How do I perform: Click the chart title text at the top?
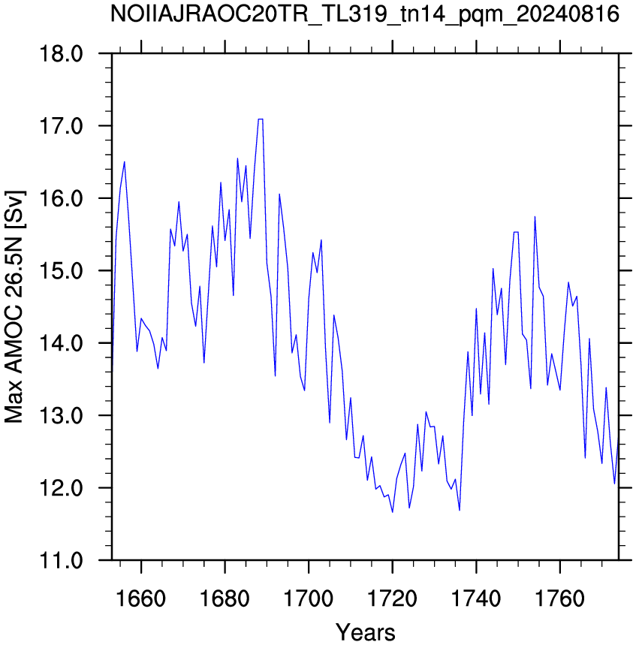tap(364, 15)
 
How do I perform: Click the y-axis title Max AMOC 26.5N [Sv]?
tap(14, 306)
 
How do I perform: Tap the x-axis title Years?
tap(365, 631)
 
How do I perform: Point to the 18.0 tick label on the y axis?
tap(61, 54)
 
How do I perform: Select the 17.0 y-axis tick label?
tap(61, 126)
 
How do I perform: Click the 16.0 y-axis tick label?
tap(61, 198)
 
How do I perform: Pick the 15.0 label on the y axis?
tap(61, 270)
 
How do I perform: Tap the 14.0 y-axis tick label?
tap(61, 343)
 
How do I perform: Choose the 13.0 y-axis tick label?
tap(61, 415)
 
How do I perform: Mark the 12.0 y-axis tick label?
tap(61, 488)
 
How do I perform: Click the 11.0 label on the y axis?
tap(61, 560)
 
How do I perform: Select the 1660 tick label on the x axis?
tap(141, 599)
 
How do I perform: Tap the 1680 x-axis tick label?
tap(225, 599)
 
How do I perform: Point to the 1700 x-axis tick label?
tap(309, 599)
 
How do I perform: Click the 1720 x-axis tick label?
tap(393, 599)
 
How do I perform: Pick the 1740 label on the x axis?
tap(476, 599)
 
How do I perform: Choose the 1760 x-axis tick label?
tap(560, 599)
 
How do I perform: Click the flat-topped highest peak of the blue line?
tap(261, 119)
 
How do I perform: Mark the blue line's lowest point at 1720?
tap(393, 512)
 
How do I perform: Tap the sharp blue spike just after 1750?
tap(535, 216)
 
